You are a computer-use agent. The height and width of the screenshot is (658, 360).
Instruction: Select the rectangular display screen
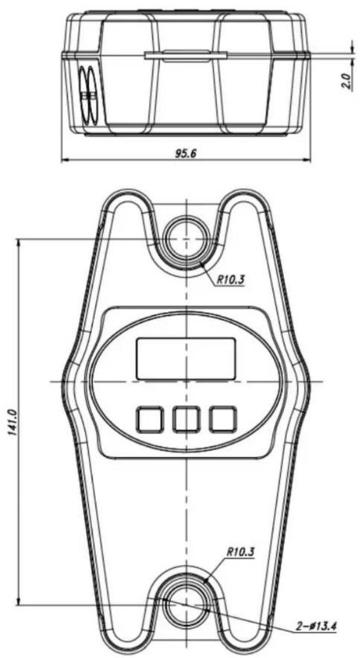point(186,359)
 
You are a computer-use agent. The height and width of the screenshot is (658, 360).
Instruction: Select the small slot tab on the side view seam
point(185,55)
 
